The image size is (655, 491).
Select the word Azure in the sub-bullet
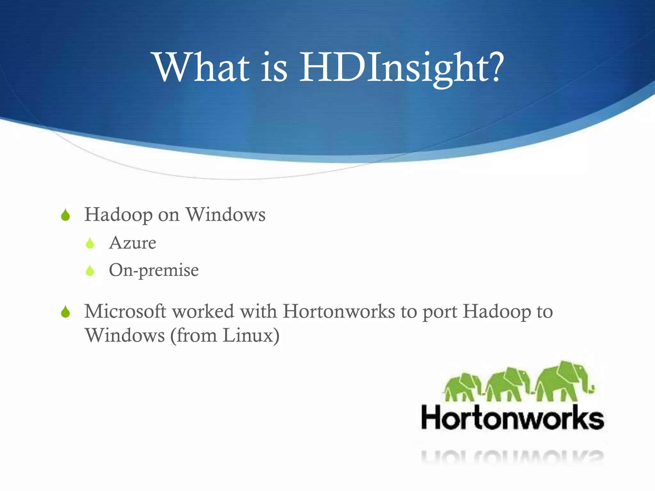point(132,243)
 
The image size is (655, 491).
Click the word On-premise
point(154,270)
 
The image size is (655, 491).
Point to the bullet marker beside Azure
point(90,244)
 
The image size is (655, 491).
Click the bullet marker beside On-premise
point(90,271)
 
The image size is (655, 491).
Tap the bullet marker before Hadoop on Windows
point(65,215)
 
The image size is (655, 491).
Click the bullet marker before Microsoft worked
point(65,312)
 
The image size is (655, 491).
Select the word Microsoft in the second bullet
point(125,311)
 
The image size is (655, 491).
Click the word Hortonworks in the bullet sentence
point(339,311)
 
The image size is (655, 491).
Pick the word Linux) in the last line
point(251,336)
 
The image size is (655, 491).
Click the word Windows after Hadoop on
point(226,214)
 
